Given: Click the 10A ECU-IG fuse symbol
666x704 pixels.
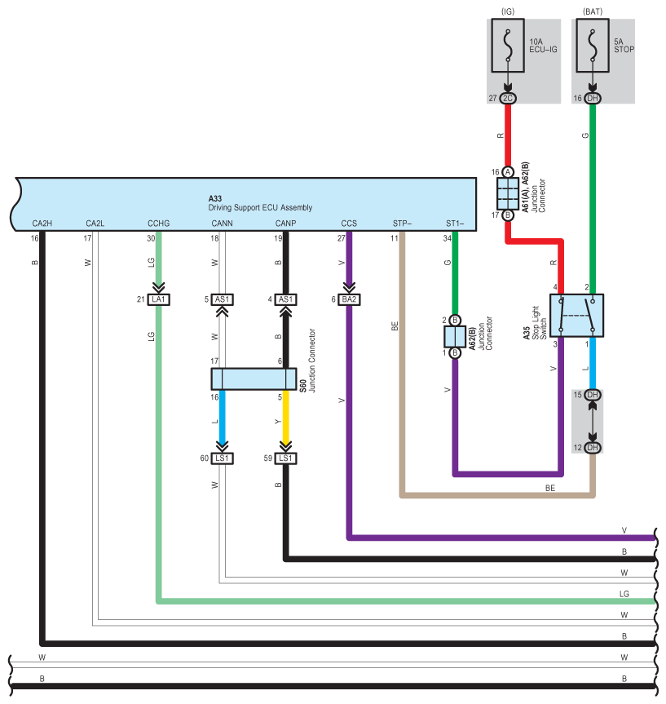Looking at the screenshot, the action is point(508,46).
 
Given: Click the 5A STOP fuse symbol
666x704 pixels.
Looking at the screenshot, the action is point(593,46).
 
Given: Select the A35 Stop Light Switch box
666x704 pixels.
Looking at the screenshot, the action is point(576,316).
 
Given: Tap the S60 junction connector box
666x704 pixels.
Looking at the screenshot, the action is point(254,379).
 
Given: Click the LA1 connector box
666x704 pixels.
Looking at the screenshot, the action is point(158,299).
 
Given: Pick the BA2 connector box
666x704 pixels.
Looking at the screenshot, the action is point(349,299).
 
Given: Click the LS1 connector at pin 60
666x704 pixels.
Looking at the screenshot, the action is point(223,458).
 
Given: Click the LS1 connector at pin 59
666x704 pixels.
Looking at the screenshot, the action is point(285,458).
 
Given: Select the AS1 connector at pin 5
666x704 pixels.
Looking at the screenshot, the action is point(223,299).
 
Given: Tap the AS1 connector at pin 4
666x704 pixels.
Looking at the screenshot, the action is point(285,299).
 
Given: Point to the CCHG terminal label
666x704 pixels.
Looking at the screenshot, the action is point(158,224).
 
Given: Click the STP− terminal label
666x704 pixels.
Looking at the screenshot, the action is point(402,224).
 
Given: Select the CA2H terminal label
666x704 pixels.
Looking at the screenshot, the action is point(42,224).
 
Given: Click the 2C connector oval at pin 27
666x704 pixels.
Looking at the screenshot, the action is point(508,99).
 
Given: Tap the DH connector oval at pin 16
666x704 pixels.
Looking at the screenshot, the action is point(593,99).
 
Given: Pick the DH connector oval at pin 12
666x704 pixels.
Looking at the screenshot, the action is point(593,448).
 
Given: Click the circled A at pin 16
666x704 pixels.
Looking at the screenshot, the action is point(508,172).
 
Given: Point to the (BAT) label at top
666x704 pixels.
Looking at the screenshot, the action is point(593,11).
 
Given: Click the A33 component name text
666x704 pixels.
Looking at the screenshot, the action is point(215,198).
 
